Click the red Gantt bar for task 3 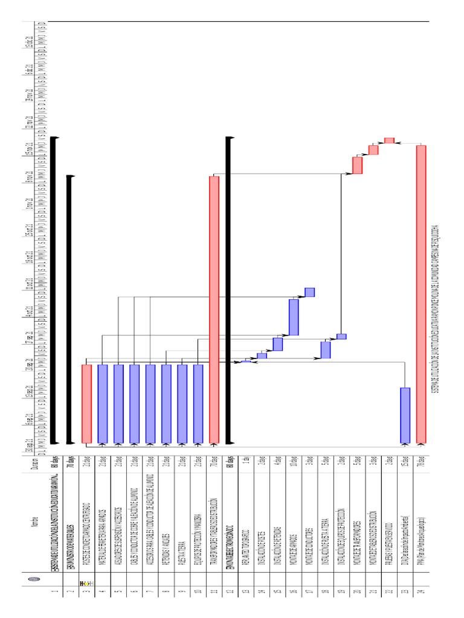86,403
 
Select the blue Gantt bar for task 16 294,317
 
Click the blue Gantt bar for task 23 405,415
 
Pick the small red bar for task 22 389,141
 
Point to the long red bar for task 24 421,293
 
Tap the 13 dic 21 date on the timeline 28,41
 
